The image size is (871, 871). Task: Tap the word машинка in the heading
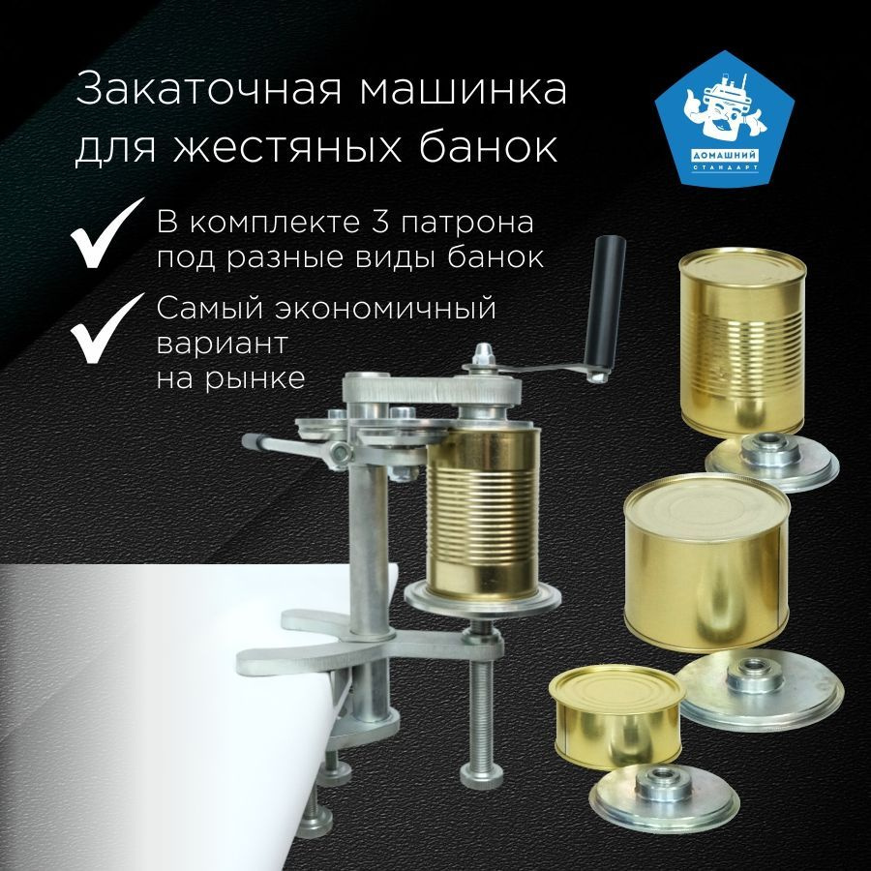[x=464, y=91]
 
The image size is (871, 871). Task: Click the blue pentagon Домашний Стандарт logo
[x=724, y=118]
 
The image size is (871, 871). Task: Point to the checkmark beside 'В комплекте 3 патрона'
[x=105, y=234]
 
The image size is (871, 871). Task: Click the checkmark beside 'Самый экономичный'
[x=105, y=329]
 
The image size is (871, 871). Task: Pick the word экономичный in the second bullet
[x=385, y=309]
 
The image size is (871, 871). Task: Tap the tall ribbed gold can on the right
[x=742, y=342]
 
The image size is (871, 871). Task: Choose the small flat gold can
[x=616, y=716]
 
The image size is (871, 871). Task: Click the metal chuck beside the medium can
[x=760, y=690]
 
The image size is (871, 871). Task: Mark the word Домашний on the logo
[x=725, y=156]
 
